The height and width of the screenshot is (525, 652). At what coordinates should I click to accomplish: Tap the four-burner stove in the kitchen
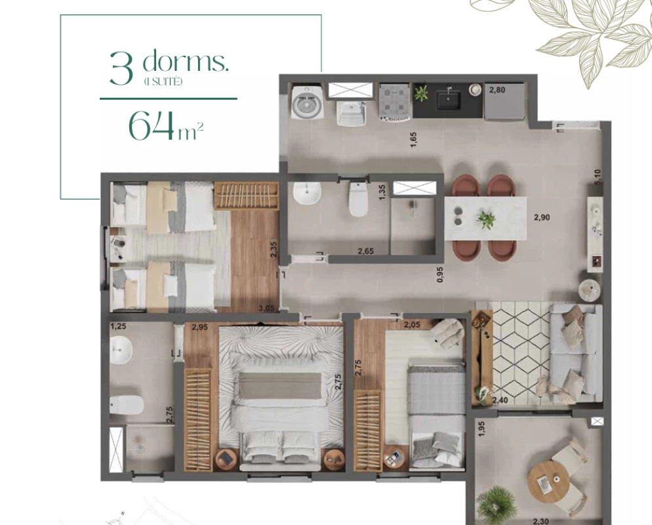click(x=395, y=103)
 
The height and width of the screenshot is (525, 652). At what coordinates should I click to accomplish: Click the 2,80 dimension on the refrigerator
click(x=497, y=90)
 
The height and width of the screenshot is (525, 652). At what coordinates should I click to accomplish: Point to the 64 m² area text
click(x=165, y=125)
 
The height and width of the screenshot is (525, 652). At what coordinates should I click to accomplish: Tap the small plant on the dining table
click(x=486, y=219)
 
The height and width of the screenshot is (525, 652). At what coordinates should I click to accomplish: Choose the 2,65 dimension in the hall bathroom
click(x=366, y=251)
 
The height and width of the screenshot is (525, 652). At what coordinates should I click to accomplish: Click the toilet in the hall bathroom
click(x=358, y=199)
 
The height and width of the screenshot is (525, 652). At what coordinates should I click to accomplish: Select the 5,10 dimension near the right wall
click(x=598, y=177)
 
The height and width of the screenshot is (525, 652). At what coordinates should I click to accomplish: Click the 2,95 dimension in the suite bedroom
click(x=199, y=327)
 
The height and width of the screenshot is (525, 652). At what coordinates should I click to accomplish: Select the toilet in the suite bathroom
click(x=127, y=405)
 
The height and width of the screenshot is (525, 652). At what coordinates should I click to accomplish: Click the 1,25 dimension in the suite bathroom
click(x=119, y=327)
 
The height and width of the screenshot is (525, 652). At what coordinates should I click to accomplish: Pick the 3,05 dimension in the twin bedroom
click(x=266, y=308)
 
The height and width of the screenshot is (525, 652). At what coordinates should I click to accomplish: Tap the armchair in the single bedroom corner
click(x=447, y=332)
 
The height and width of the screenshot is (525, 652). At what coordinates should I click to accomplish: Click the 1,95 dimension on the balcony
click(x=481, y=429)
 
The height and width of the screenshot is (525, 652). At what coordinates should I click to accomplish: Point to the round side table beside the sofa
click(x=590, y=289)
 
